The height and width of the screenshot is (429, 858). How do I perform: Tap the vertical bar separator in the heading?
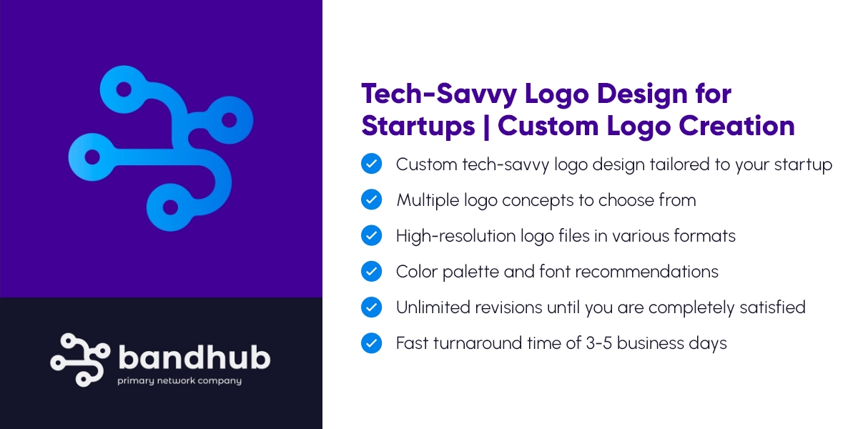(x=486, y=126)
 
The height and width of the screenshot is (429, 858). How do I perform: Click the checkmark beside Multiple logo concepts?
(x=371, y=200)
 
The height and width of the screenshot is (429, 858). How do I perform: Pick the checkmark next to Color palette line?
(x=371, y=272)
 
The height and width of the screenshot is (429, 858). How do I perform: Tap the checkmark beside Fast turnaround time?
(x=371, y=343)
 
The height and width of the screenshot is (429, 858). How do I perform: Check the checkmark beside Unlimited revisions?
(x=371, y=307)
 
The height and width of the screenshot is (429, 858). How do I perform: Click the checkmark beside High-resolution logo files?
(x=371, y=236)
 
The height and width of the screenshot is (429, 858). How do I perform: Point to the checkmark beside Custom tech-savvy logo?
(x=371, y=164)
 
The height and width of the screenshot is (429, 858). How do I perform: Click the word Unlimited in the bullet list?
(x=433, y=307)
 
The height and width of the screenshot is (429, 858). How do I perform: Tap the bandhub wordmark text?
(x=194, y=357)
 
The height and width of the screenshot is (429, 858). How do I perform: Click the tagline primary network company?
(x=179, y=381)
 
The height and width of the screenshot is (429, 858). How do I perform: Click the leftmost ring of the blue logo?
(x=89, y=155)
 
